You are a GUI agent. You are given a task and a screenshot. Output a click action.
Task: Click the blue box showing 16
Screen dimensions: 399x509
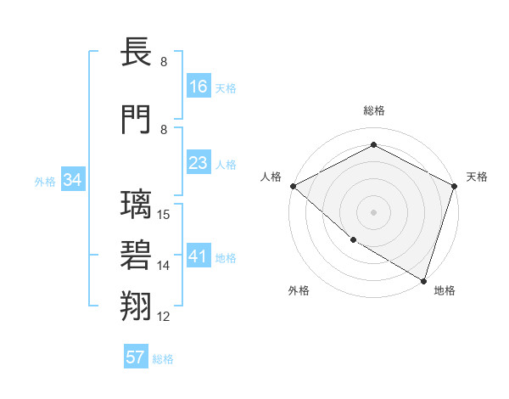[x=198, y=87]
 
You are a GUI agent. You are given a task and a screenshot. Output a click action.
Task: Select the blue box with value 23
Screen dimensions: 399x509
[x=198, y=163]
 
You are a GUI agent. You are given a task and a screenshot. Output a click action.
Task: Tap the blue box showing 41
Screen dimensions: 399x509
[x=198, y=256]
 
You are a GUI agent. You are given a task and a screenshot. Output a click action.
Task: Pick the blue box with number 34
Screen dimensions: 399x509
[x=73, y=180]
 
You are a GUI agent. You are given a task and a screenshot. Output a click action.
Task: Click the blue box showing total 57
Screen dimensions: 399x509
[x=136, y=357]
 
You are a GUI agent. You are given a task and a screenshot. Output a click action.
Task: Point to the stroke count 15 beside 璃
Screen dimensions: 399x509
[x=165, y=215]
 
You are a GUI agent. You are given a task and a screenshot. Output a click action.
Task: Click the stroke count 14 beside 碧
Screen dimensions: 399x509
[x=165, y=266]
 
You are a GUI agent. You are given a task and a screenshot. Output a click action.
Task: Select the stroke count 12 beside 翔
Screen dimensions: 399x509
[x=165, y=317]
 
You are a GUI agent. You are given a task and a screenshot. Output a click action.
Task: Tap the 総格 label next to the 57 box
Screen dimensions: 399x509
[x=163, y=358]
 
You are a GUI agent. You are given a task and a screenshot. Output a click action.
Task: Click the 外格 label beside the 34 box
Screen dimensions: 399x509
[x=45, y=181]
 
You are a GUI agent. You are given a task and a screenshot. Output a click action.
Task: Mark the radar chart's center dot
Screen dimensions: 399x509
[x=373, y=211]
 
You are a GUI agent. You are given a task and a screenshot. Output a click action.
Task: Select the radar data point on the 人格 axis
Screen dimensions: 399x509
[x=293, y=185]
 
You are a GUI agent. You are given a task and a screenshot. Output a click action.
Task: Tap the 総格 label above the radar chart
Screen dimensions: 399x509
[x=373, y=110]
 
